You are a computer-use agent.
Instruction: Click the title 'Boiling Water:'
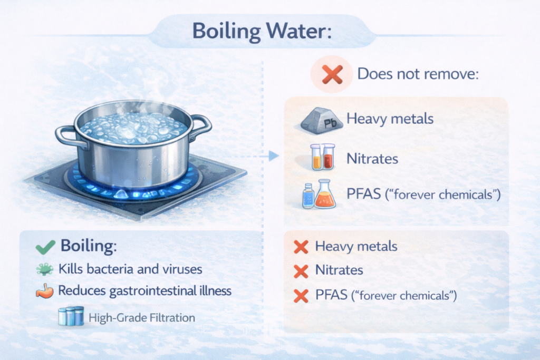[x=262, y=31]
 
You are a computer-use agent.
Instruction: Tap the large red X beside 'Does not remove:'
[x=332, y=74]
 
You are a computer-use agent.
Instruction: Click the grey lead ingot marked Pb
[x=322, y=121]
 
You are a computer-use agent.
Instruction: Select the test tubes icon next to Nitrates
[x=323, y=157]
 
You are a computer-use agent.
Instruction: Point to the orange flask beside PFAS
[x=325, y=194]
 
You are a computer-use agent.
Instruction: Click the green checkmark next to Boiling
[x=45, y=247]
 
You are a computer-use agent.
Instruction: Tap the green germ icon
[x=45, y=269]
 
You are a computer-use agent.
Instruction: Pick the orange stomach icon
[x=45, y=291]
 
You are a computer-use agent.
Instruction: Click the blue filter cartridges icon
[x=71, y=316]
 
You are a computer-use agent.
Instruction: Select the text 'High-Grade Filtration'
[x=142, y=317]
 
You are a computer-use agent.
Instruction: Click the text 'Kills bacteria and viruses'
[x=130, y=269]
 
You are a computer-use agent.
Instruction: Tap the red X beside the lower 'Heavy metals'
[x=301, y=247]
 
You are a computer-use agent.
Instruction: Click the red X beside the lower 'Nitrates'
[x=301, y=271]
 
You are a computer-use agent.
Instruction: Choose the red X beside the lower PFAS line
[x=301, y=296]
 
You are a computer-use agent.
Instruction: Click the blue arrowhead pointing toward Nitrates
[x=274, y=156]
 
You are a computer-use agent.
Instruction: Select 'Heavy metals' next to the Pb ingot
[x=390, y=119]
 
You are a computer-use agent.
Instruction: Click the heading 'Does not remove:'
[x=418, y=74]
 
